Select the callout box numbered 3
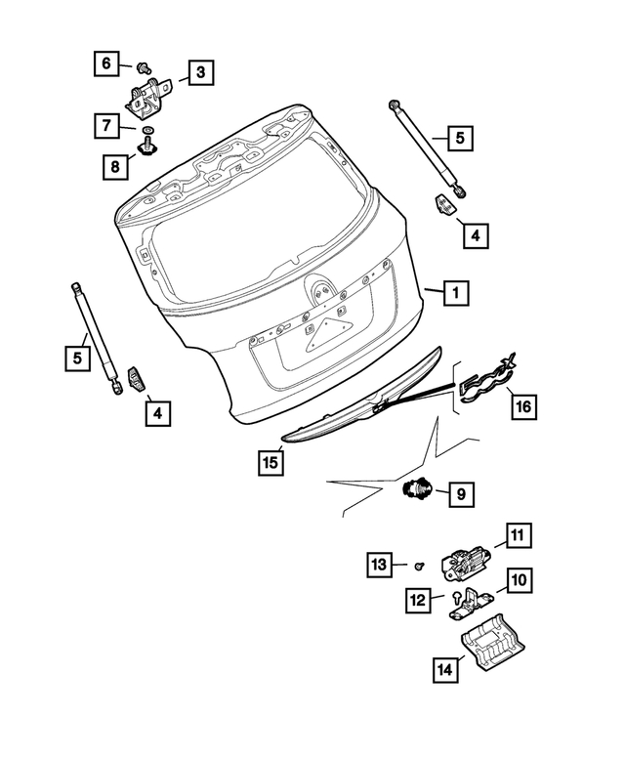point(199,72)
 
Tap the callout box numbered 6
point(107,64)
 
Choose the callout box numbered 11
point(517,535)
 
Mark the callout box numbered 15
point(271,461)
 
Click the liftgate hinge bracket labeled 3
point(147,91)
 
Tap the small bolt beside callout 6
point(142,67)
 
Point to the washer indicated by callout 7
point(146,129)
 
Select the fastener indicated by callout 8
point(148,148)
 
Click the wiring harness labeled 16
point(484,380)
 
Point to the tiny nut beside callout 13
point(419,566)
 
